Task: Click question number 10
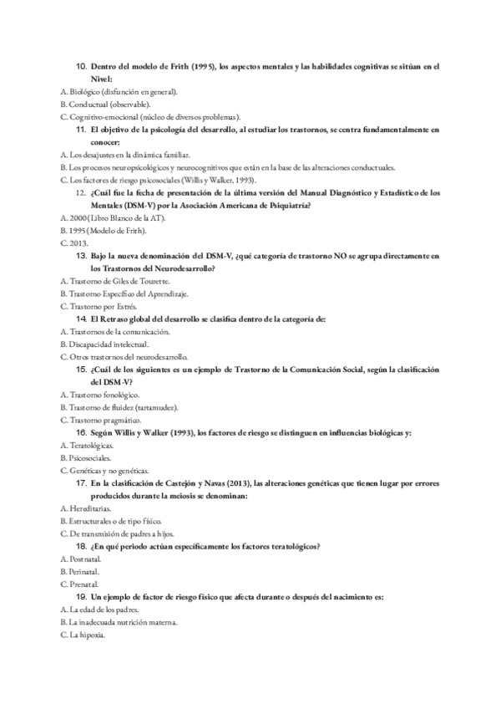point(82,66)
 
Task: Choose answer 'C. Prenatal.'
point(80,584)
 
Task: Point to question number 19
point(82,597)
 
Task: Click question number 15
point(82,370)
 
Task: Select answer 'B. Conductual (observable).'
point(106,105)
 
